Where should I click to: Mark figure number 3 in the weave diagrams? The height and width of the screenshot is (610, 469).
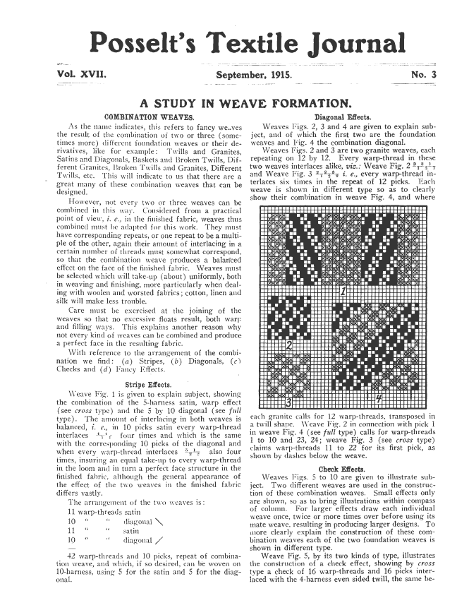click(288, 402)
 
